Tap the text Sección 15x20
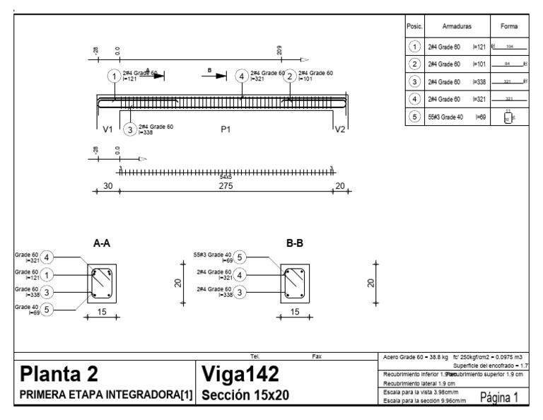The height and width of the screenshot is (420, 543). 245,395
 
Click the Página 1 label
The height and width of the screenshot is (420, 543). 499,397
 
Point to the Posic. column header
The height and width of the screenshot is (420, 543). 414,25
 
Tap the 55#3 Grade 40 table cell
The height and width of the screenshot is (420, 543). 446,117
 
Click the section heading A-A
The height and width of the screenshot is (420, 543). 102,243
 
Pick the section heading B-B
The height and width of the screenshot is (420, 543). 295,243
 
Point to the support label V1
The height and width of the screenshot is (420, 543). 107,129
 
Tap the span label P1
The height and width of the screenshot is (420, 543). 226,129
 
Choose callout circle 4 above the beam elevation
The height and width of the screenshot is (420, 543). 243,76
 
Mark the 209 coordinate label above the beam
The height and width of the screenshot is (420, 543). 281,51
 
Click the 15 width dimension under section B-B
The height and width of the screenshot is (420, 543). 295,311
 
